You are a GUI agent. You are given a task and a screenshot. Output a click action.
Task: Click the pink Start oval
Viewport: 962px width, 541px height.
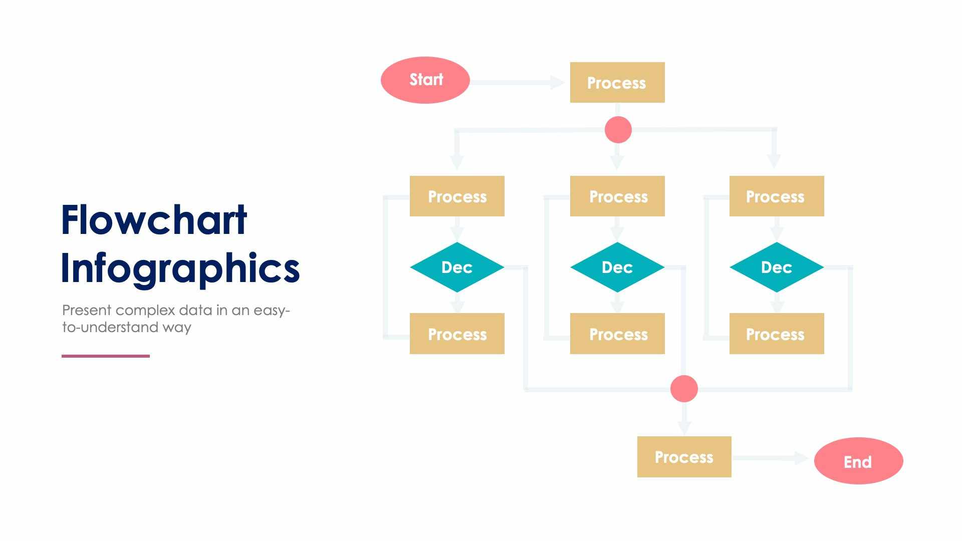point(425,80)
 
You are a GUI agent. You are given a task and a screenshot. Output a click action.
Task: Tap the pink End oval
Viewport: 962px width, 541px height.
point(858,461)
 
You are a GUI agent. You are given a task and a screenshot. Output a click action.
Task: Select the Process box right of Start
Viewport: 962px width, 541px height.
point(617,83)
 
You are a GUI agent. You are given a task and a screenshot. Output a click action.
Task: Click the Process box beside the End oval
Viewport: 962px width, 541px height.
point(684,457)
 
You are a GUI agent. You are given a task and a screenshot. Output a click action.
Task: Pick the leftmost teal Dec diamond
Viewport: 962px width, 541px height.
point(457,267)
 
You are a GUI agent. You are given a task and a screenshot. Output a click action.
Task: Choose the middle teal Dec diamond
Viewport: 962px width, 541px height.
point(617,267)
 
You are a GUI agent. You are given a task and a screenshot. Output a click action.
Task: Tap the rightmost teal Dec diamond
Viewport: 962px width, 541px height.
point(777,267)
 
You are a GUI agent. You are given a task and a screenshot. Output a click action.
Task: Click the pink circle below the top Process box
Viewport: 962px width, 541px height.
point(618,130)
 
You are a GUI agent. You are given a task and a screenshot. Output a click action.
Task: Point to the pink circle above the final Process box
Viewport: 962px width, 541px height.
point(684,389)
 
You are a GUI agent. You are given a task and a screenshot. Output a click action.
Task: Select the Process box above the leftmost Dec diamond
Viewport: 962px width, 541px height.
point(457,196)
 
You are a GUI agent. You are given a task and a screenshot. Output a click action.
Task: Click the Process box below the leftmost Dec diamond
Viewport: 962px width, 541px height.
point(457,334)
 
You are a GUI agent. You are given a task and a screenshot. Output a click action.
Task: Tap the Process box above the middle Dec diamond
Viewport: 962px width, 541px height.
point(617,196)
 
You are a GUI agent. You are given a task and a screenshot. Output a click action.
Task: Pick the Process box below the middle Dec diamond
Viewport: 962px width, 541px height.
point(617,334)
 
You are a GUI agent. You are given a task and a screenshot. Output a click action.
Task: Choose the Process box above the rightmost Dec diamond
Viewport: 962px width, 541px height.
point(777,196)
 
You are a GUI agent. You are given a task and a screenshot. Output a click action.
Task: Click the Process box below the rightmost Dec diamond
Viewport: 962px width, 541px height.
point(777,334)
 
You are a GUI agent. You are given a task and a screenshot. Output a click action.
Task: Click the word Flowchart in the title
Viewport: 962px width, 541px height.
point(154,220)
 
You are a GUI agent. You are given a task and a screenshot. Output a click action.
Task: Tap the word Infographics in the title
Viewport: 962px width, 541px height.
point(180,268)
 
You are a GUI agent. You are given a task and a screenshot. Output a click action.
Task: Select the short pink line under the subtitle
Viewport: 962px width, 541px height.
point(106,356)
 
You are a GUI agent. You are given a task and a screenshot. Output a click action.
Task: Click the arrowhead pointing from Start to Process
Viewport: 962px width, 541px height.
point(557,83)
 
